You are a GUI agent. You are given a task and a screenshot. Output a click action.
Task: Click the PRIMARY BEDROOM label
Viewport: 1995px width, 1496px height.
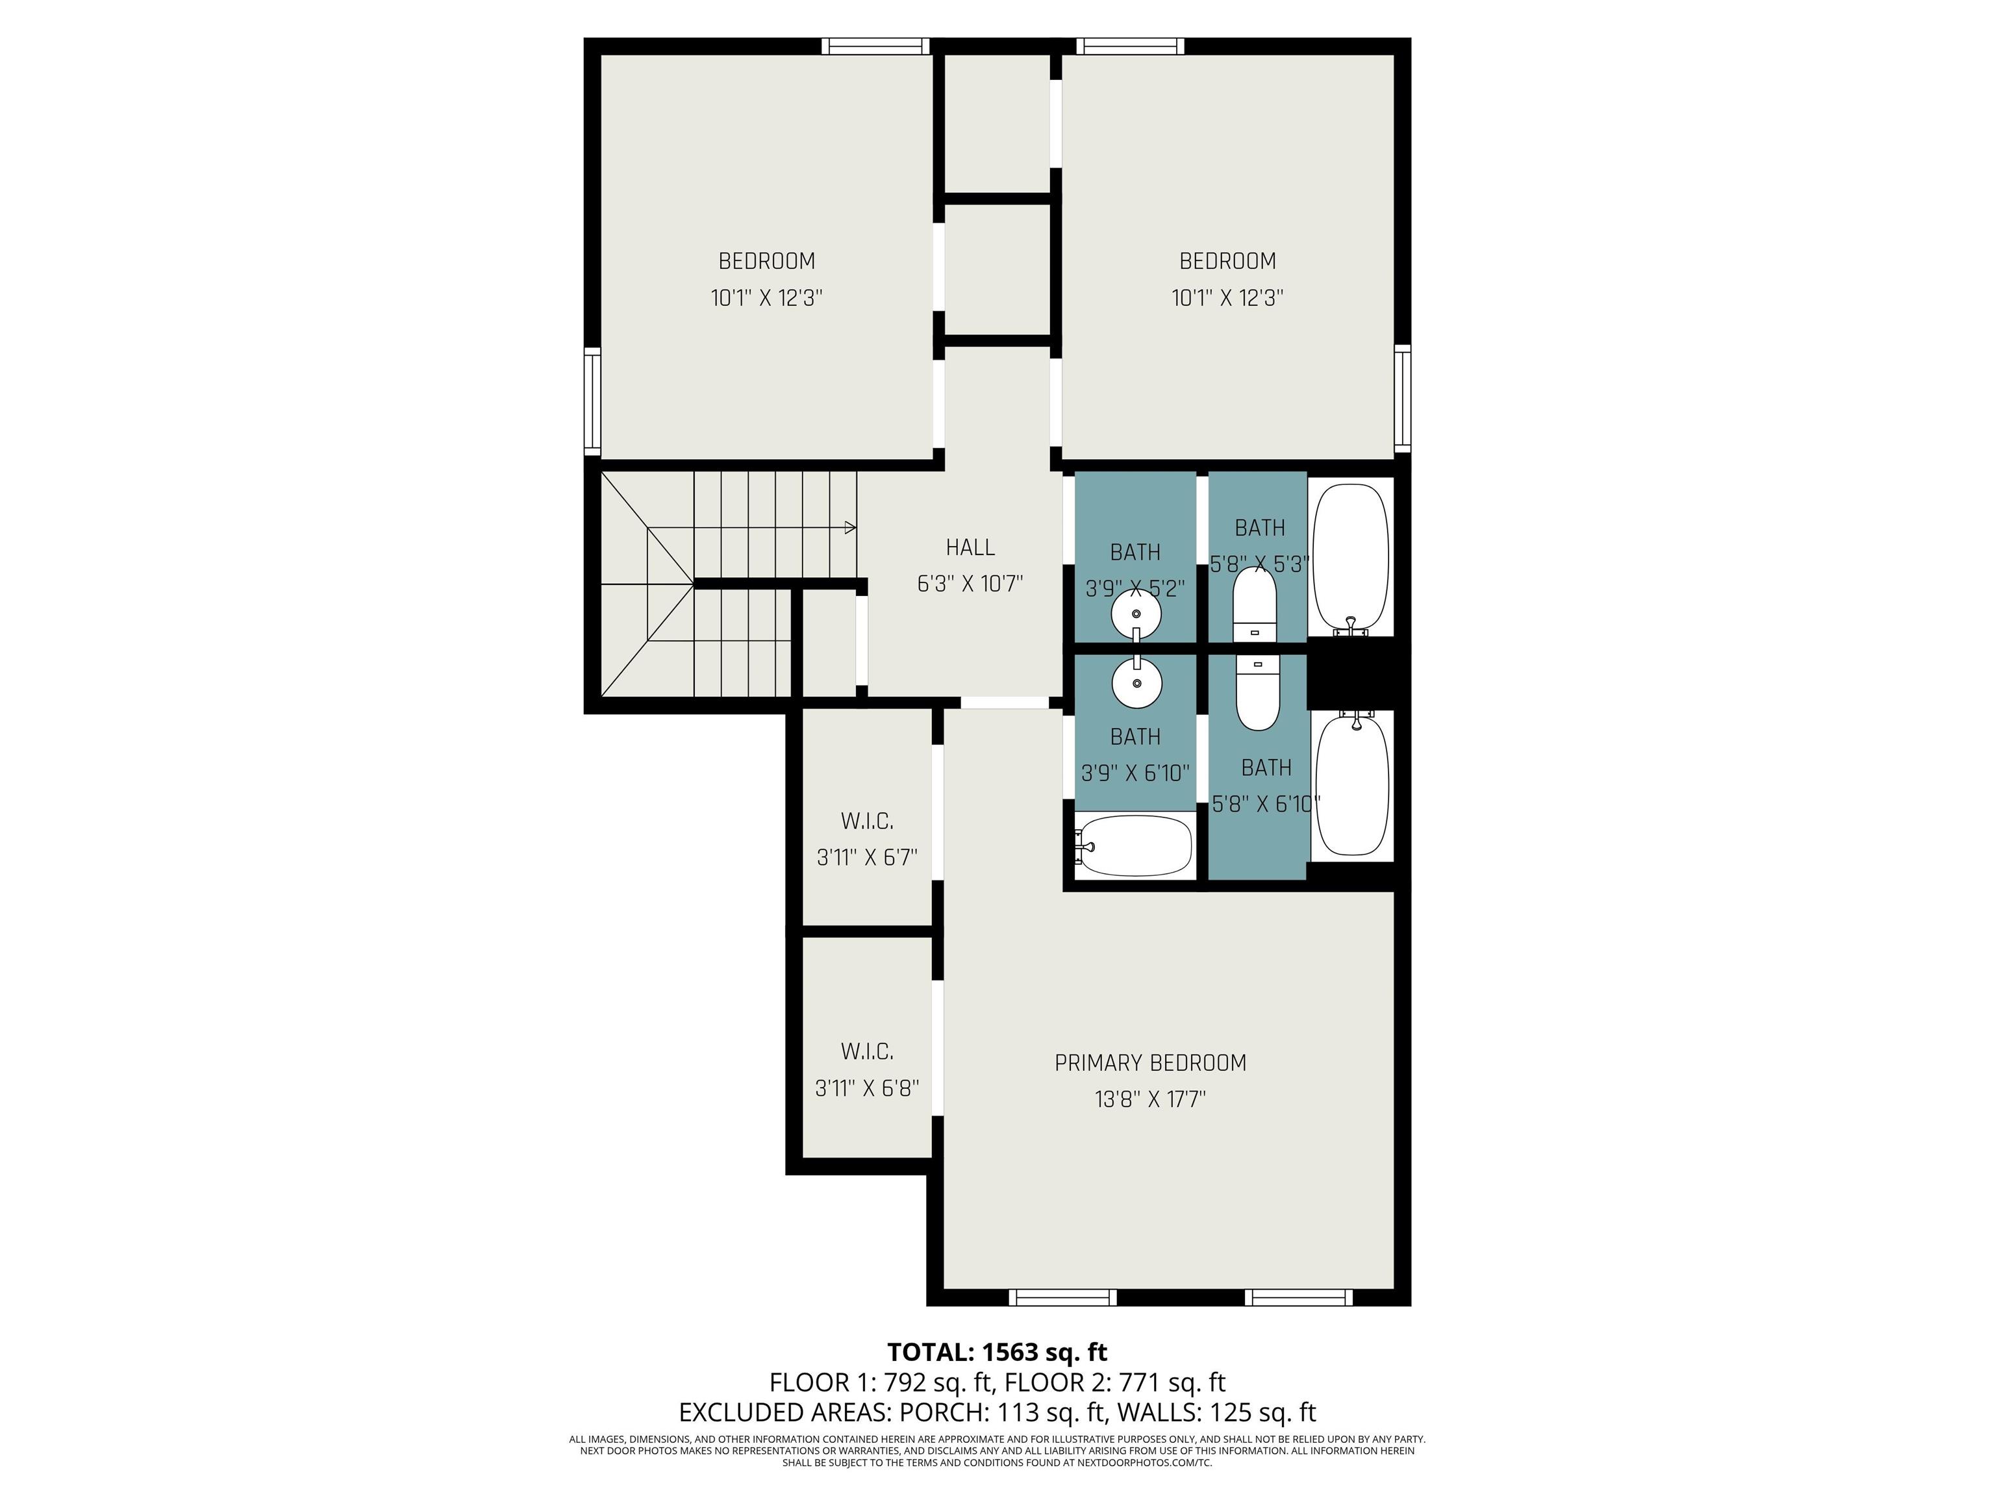click(1150, 1063)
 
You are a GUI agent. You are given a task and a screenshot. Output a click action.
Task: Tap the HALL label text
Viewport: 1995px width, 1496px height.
click(970, 547)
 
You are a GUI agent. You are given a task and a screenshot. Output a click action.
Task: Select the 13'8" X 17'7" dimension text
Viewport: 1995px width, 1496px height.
click(1150, 1099)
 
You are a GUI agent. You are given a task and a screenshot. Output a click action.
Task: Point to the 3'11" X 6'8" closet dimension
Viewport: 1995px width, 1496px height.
click(867, 1088)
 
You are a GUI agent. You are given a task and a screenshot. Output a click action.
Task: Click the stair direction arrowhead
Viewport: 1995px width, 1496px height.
click(849, 527)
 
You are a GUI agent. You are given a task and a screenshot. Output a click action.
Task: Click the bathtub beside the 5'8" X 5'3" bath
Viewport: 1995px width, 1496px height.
click(1350, 559)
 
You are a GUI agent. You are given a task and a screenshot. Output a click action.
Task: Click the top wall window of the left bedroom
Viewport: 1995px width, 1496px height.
click(875, 46)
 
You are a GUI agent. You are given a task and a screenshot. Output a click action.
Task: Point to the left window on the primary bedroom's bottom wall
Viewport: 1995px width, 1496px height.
click(1062, 1297)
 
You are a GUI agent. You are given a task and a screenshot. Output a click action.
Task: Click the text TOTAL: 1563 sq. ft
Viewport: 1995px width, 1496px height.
click(997, 1352)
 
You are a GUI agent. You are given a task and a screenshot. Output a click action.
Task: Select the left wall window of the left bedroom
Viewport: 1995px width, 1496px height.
click(592, 401)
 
